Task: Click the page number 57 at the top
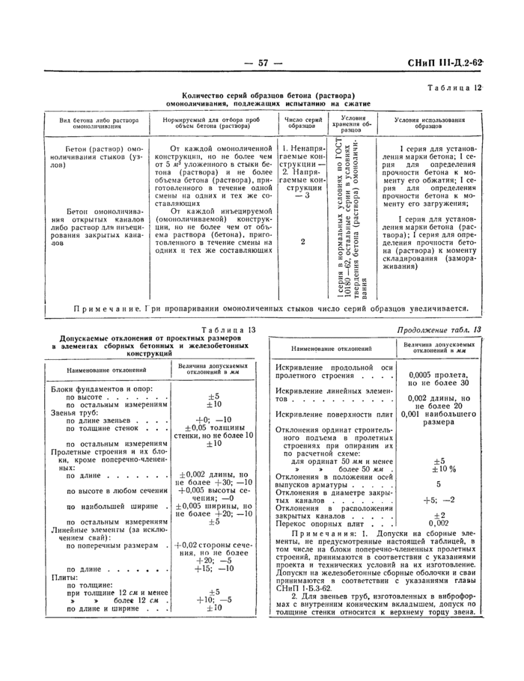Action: point(263,63)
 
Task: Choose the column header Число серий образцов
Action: point(304,123)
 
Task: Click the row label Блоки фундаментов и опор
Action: point(97,389)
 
